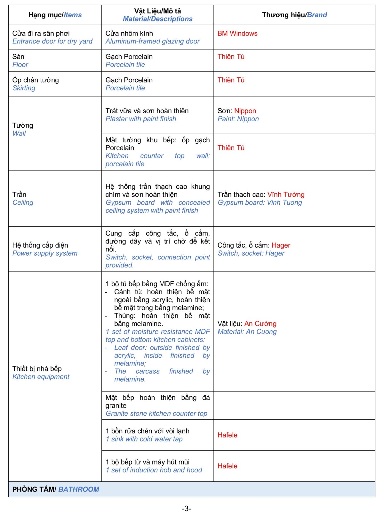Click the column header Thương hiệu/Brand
pyautogui.click(x=294, y=15)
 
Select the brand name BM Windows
pyautogui.click(x=237, y=34)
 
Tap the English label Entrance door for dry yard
pyautogui.click(x=52, y=42)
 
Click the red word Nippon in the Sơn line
pyautogui.click(x=245, y=111)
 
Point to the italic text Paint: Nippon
pyautogui.click(x=238, y=119)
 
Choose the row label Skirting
pyautogui.click(x=24, y=88)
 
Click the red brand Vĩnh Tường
pyautogui.click(x=286, y=195)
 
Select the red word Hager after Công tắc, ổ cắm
pyautogui.click(x=281, y=245)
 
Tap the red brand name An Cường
pyautogui.click(x=260, y=324)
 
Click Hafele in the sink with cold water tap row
pyautogui.click(x=228, y=435)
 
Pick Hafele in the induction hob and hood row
pyautogui.click(x=228, y=466)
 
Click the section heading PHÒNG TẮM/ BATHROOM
pyautogui.click(x=56, y=489)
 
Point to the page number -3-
pyautogui.click(x=186, y=509)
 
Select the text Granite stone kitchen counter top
pyautogui.click(x=156, y=414)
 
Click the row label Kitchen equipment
pyautogui.click(x=41, y=377)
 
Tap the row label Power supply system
pyautogui.click(x=45, y=253)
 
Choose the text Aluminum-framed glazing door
pyautogui.click(x=153, y=42)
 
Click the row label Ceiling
pyautogui.click(x=23, y=203)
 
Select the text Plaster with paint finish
pyautogui.click(x=141, y=119)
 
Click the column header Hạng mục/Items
pyautogui.click(x=55, y=15)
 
